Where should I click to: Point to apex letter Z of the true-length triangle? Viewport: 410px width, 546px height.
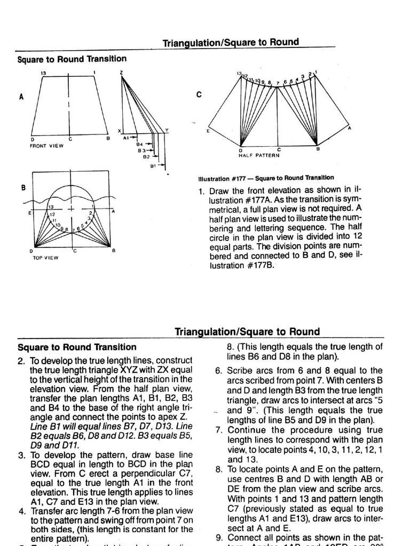point(122,72)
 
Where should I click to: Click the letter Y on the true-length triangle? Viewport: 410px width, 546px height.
point(167,130)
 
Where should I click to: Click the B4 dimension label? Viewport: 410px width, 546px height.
point(140,144)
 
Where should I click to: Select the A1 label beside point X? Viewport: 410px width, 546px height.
point(126,138)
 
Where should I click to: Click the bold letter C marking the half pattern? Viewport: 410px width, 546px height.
point(199,95)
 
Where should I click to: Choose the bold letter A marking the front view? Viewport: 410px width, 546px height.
point(21,97)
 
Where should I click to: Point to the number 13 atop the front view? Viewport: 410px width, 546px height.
point(43,73)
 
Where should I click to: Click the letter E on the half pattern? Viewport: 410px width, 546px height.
point(208,130)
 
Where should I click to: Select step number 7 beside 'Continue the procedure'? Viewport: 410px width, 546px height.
point(219,430)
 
